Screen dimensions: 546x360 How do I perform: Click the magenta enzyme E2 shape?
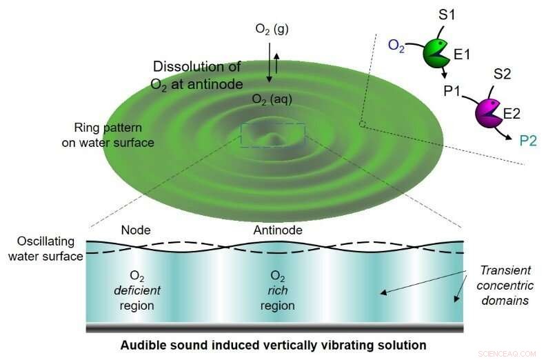[488, 111]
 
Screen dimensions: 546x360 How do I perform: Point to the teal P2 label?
[527, 141]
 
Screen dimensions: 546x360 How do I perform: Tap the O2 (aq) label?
[271, 101]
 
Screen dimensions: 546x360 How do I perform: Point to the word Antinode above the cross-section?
[277, 230]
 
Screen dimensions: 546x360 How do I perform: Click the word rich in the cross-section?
[277, 290]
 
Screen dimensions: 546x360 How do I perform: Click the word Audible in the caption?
[142, 344]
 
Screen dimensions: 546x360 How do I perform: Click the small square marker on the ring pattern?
[361, 124]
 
